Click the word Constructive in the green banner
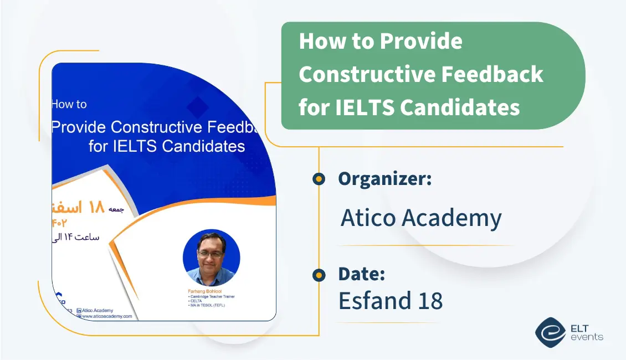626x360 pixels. click(x=358, y=74)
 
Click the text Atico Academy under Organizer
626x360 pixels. click(x=421, y=218)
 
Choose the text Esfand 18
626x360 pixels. click(x=391, y=300)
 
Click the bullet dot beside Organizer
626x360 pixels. click(x=319, y=179)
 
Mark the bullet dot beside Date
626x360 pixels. click(x=319, y=274)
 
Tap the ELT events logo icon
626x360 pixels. click(x=550, y=331)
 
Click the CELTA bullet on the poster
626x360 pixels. click(x=197, y=301)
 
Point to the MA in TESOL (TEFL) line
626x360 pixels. click(x=208, y=305)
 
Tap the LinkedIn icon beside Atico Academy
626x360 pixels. click(x=79, y=311)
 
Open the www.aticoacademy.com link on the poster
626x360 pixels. click(x=107, y=316)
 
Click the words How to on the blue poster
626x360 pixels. click(x=69, y=104)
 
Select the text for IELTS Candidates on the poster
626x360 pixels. click(x=166, y=146)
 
